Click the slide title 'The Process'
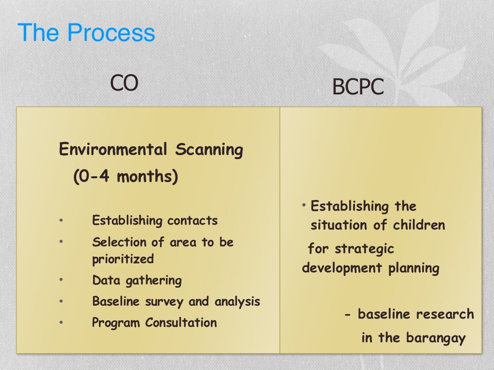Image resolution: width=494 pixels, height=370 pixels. click(x=86, y=33)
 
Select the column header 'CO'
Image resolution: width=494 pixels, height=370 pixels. click(x=124, y=83)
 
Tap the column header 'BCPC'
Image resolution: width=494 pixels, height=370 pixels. click(x=358, y=88)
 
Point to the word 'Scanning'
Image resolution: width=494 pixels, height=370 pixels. click(x=209, y=150)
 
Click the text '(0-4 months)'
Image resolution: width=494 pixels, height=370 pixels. click(x=125, y=177)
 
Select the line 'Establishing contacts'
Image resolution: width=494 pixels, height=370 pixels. click(x=155, y=221)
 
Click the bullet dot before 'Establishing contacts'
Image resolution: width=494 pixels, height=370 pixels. click(x=61, y=221)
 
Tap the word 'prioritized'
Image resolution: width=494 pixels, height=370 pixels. click(x=123, y=259)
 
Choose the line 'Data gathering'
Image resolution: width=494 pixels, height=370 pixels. click(x=137, y=280)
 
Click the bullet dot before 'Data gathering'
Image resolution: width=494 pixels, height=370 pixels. click(x=61, y=280)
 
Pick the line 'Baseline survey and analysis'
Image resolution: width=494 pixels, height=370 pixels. click(x=176, y=302)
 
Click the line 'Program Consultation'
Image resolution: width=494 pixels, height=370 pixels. click(x=154, y=322)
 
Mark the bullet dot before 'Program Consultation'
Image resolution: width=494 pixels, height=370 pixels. click(x=61, y=322)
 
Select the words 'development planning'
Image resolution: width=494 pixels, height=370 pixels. click(x=370, y=268)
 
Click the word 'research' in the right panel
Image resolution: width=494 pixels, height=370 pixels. click(x=445, y=315)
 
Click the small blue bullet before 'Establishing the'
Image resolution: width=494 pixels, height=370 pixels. click(x=304, y=206)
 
